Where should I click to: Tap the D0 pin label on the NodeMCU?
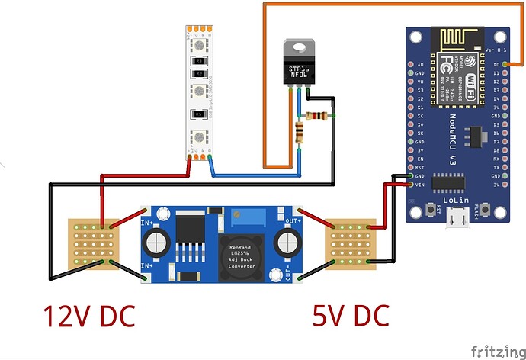click(497, 66)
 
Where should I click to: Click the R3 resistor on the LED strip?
click(199, 59)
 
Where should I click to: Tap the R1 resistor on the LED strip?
click(199, 114)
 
